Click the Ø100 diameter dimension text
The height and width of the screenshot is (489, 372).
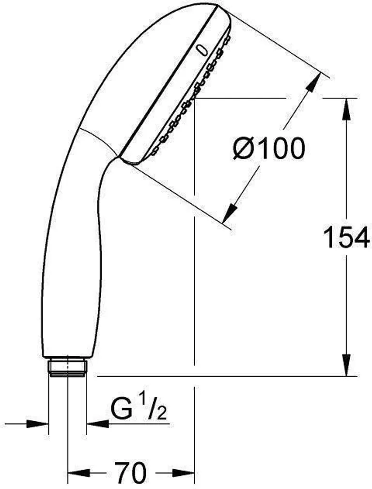point(268,149)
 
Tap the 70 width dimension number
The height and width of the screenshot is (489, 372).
point(131,471)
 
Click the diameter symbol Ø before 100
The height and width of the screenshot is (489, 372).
point(242,149)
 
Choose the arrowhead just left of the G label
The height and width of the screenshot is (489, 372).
point(97,424)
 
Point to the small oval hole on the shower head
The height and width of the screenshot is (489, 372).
point(202,50)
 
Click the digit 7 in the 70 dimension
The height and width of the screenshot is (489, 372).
point(122,471)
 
